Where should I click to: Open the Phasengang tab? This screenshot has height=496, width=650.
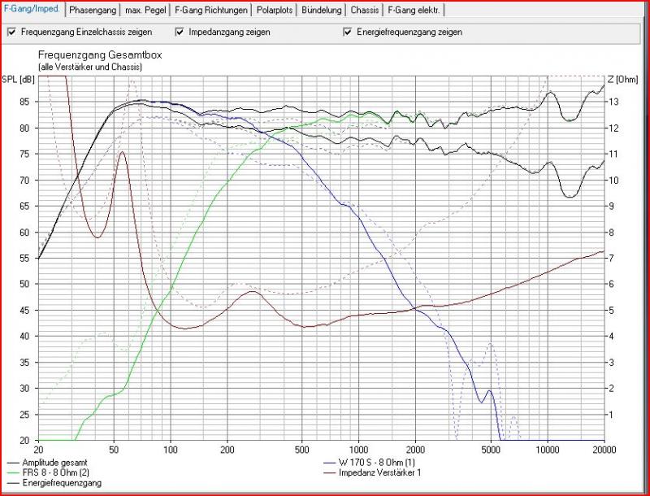[x=92, y=11]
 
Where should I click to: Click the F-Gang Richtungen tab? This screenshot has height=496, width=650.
[x=208, y=11]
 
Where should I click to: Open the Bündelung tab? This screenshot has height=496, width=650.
[x=322, y=11]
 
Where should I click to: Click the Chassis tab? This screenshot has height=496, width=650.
[x=364, y=11]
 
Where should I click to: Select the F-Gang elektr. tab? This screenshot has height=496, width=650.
[x=414, y=11]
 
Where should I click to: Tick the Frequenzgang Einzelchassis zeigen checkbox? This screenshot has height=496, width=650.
[x=11, y=33]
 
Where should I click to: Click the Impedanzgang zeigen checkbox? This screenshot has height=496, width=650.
[x=180, y=33]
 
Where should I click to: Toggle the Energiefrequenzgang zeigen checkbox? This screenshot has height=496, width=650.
[x=348, y=33]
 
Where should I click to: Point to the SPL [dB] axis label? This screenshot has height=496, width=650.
[x=18, y=78]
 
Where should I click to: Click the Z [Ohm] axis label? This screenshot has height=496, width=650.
[x=627, y=78]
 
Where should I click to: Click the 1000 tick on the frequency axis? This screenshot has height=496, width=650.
[x=358, y=449]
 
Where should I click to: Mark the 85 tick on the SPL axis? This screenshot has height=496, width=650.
[x=24, y=102]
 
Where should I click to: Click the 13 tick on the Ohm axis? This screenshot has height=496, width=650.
[x=615, y=102]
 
